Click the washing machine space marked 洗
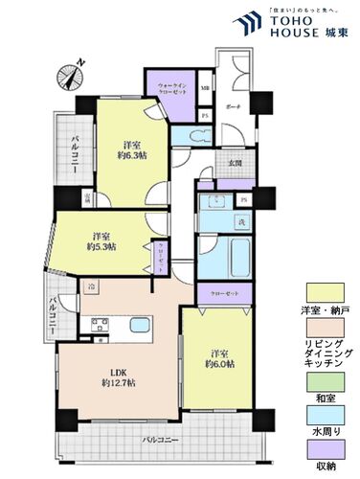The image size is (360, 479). click(240, 223)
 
